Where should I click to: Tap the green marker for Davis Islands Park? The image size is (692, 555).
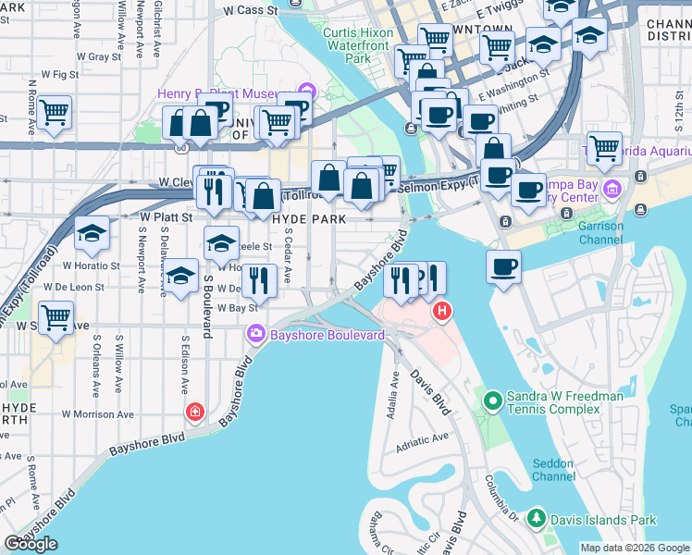point(536,519)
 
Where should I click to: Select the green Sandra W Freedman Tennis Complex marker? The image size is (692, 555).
point(492,401)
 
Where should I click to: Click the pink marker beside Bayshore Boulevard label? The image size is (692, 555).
point(254,333)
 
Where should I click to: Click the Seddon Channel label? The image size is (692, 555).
point(554,470)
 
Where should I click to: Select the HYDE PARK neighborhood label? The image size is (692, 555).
point(309,219)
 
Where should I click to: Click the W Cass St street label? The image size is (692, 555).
point(251,10)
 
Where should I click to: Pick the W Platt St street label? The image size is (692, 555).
point(165,216)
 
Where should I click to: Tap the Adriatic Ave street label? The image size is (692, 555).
point(422,437)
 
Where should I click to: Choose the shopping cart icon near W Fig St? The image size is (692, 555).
point(55,113)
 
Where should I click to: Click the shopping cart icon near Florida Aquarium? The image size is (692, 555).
point(604,147)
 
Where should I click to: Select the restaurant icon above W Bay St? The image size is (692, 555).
point(259,280)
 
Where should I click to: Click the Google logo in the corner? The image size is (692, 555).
point(31,545)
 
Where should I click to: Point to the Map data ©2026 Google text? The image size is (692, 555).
point(634,548)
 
